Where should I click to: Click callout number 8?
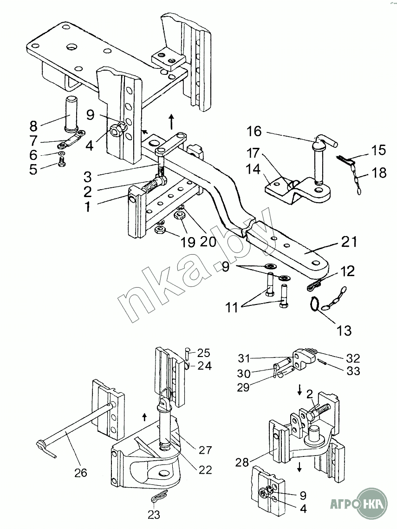point(33,126)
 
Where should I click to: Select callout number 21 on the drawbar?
point(349,242)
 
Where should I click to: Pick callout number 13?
point(344,331)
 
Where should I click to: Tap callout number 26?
point(80,472)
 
